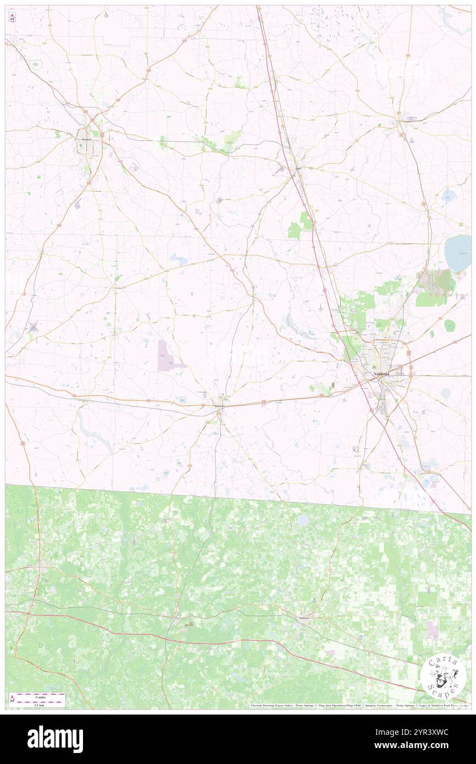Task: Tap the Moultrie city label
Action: click(86, 140)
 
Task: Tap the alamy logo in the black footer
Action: click(55, 738)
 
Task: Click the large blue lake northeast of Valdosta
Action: click(459, 253)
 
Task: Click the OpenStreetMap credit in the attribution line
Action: click(346, 706)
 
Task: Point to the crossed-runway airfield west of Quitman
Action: click(32, 328)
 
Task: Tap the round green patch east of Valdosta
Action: click(449, 325)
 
